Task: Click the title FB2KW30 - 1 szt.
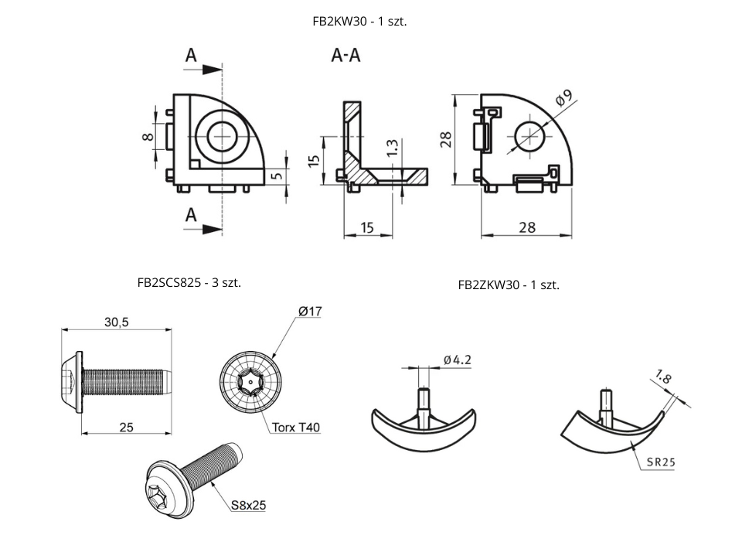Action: click(359, 22)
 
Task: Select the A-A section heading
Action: click(345, 56)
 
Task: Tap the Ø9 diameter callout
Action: click(563, 98)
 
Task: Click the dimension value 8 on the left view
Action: click(148, 137)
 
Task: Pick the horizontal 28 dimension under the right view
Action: click(526, 227)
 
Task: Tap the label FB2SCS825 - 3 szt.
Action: click(189, 283)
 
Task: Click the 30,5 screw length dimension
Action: click(116, 322)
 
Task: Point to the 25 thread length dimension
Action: click(127, 426)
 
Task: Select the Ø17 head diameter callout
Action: click(309, 312)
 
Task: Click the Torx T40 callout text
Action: click(294, 427)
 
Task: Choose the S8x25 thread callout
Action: click(248, 506)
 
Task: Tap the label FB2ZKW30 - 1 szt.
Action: click(509, 285)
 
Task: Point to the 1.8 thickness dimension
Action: click(662, 378)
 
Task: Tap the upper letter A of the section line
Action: click(191, 56)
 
